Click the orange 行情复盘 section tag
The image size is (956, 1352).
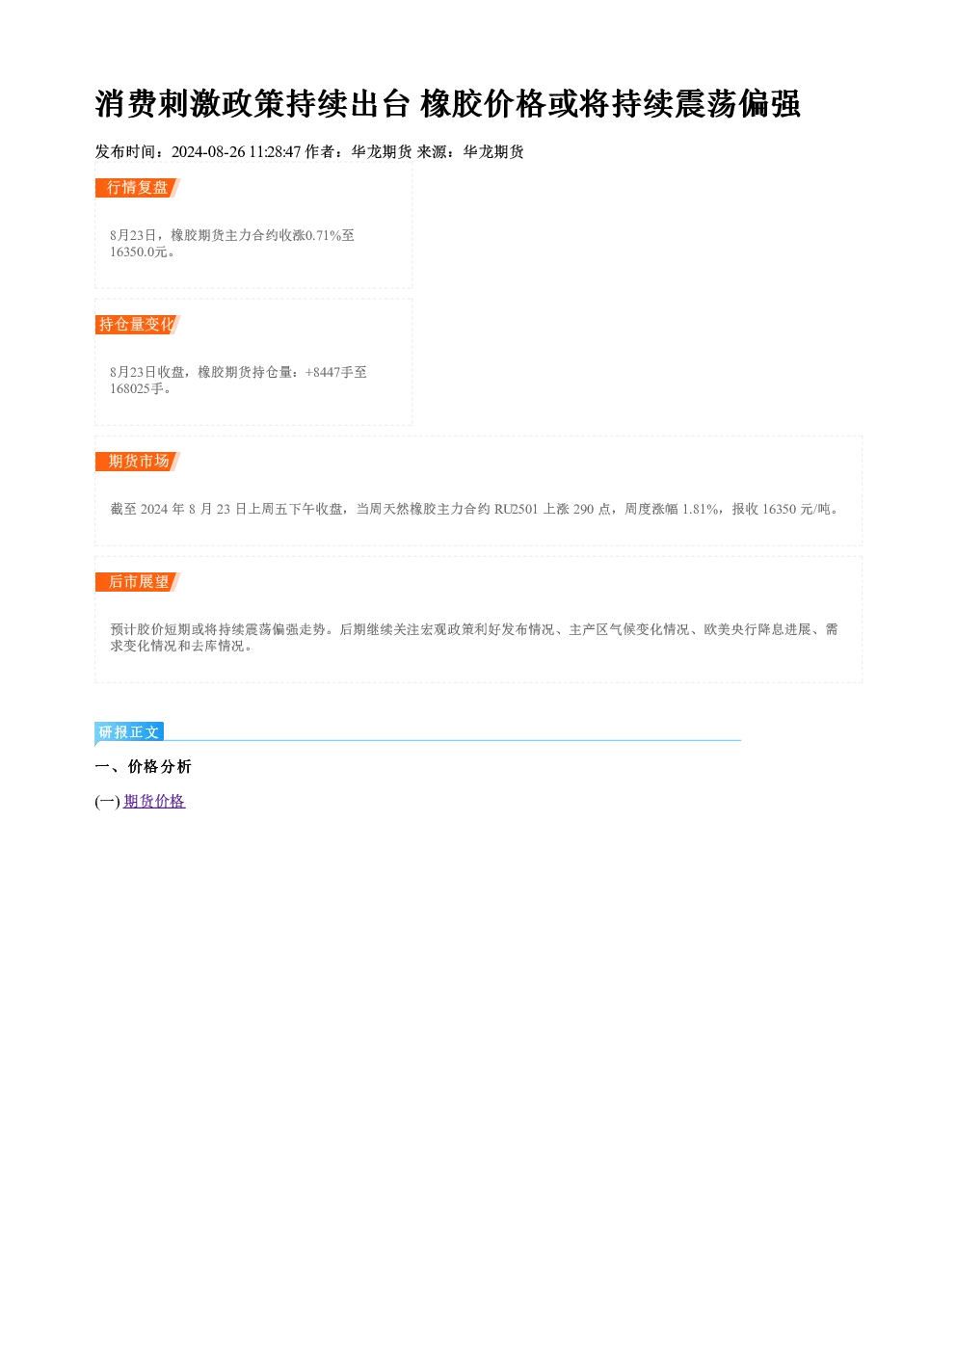click(x=138, y=188)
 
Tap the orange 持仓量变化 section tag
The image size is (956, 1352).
click(x=138, y=325)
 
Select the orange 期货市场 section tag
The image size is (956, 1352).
click(x=138, y=462)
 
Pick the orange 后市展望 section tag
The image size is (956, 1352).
click(x=138, y=582)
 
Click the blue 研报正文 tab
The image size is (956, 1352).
click(x=129, y=732)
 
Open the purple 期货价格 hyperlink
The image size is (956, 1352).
click(x=154, y=802)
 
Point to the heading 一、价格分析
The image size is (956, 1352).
click(x=143, y=766)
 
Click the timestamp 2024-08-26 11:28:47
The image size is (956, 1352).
click(x=236, y=152)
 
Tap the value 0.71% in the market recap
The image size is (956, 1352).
click(x=324, y=235)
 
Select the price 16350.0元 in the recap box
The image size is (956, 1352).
click(x=138, y=252)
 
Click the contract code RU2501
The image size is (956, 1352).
click(x=516, y=510)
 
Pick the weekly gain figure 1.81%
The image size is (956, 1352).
click(x=700, y=510)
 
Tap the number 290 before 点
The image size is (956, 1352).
click(x=584, y=510)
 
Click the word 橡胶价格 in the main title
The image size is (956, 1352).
click(x=484, y=103)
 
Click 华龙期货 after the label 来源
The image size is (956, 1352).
click(x=493, y=152)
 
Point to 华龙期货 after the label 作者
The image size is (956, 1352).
click(x=382, y=152)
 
